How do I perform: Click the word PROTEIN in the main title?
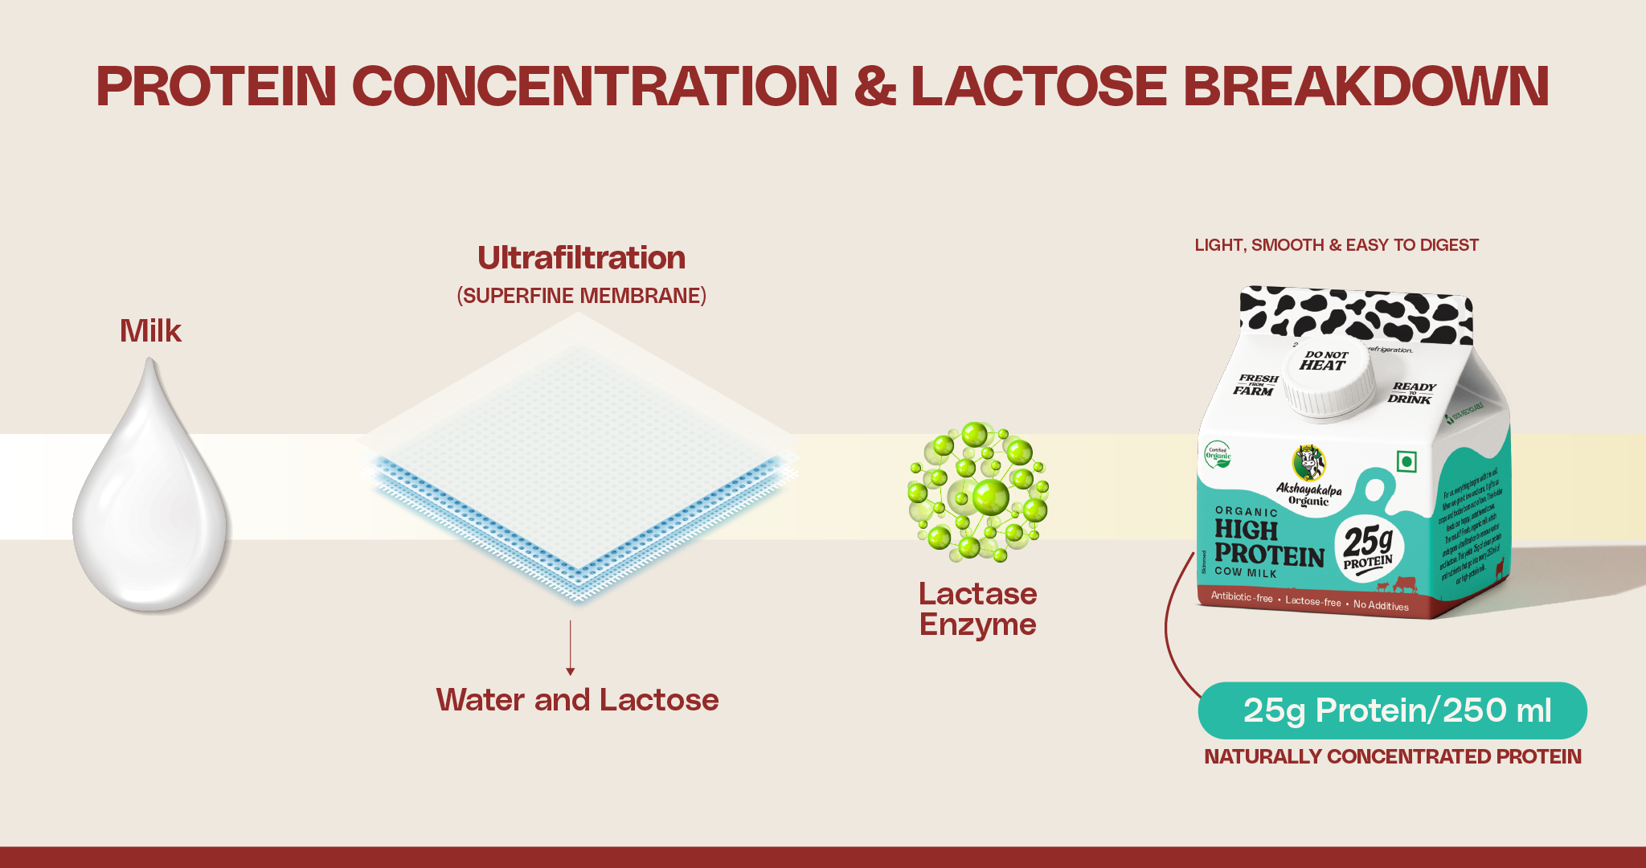pos(216,86)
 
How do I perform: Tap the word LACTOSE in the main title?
pos(1038,86)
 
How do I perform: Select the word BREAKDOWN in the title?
pos(1366,86)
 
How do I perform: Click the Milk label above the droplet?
pos(150,331)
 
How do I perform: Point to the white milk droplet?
pos(151,506)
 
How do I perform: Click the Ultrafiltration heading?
pos(581,258)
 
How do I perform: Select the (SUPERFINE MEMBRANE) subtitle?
pos(581,296)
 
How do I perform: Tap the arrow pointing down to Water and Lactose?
pos(571,648)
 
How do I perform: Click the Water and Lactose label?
pos(577,700)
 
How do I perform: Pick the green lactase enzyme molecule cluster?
pos(978,491)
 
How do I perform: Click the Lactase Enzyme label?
pos(977,609)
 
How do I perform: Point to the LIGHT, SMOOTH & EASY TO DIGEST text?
pos(1336,245)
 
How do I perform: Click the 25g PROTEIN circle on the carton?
pos(1369,547)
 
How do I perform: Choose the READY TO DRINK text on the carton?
pos(1411,393)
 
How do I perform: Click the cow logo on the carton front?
pos(1308,462)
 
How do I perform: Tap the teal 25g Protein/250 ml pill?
pos(1392,710)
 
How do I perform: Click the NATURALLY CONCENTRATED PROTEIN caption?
pos(1392,756)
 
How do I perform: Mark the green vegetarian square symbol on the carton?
pos(1406,461)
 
